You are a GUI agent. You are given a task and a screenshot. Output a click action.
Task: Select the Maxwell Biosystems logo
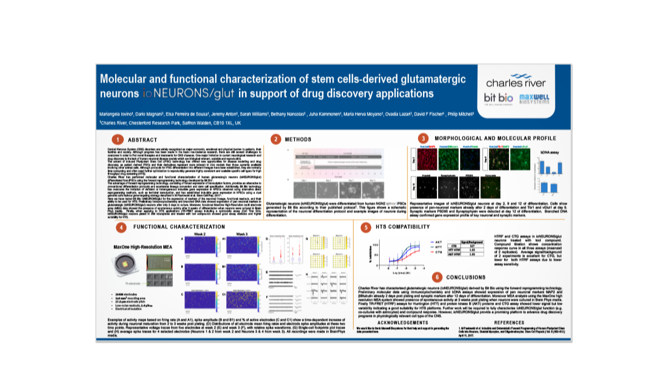tap(535, 100)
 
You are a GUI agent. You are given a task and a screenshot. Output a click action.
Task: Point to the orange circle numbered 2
tap(275, 139)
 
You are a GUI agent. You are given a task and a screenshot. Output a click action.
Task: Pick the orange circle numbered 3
tap(424, 138)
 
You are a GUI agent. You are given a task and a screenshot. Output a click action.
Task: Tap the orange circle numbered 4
tap(121, 227)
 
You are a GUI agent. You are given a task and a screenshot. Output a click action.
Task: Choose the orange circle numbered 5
tap(365, 227)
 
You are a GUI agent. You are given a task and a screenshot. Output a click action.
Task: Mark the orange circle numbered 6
tap(436, 276)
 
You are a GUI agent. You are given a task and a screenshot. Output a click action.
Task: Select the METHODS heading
tap(298, 139)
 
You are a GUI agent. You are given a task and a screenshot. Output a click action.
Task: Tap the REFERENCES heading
tap(509, 323)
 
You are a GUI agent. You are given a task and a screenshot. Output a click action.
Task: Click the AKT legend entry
tap(437, 243)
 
